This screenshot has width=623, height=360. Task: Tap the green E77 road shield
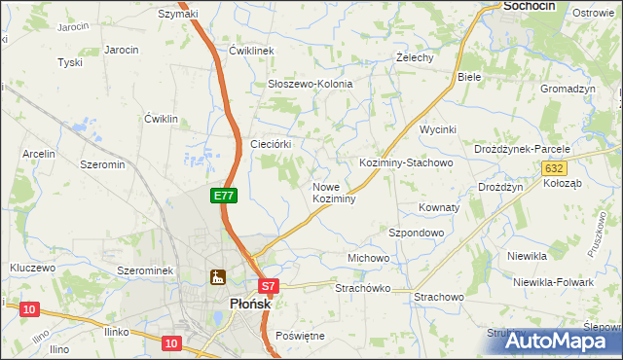[224, 196]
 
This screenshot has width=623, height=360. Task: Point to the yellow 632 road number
[552, 168]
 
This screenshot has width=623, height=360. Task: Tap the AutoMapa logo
[561, 342]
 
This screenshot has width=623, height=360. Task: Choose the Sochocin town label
[529, 6]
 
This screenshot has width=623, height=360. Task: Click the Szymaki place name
[177, 14]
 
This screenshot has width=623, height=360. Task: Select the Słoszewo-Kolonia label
[310, 85]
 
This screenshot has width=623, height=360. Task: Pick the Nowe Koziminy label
[334, 192]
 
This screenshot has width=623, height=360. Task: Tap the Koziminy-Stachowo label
[406, 162]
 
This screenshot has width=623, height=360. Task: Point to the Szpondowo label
[417, 234]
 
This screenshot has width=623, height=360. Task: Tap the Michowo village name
[368, 258]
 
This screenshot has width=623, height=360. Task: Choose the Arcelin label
[39, 154]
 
